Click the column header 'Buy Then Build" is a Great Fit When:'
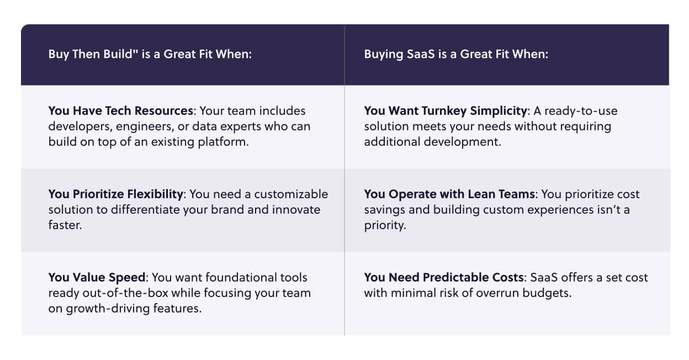coord(150,55)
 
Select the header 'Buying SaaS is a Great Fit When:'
coord(456,55)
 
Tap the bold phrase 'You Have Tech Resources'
coord(120,111)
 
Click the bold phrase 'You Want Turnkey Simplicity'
coord(446,112)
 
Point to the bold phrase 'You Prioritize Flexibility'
coord(115,194)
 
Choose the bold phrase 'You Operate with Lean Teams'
coord(449,194)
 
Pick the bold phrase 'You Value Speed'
coord(97,278)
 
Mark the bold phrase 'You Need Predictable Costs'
coord(444,277)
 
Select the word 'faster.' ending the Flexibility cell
coord(65,225)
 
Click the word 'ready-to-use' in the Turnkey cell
coord(581,112)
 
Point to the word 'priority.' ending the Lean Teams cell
coord(385,225)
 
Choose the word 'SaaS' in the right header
coord(421,54)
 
